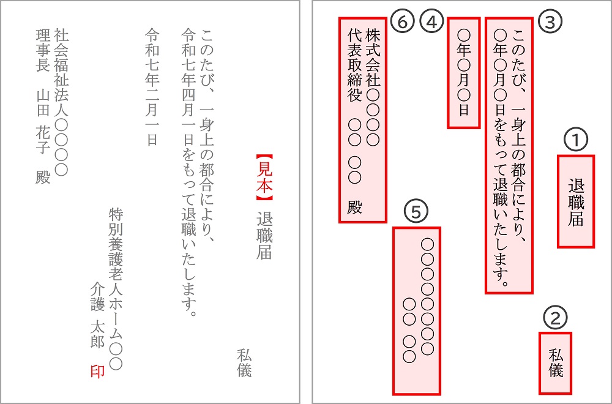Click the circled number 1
575,140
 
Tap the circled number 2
556,317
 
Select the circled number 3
550,21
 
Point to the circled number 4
431,21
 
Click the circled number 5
416,212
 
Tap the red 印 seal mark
97,371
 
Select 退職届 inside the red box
575,202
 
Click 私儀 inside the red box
556,363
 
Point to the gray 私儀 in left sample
244,362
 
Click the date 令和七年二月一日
151,86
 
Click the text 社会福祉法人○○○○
61,100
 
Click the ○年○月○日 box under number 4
463,72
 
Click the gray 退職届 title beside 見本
264,236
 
